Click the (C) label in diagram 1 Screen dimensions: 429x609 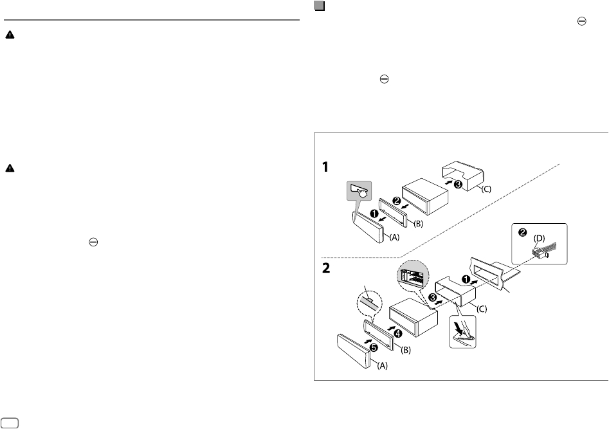tap(487, 189)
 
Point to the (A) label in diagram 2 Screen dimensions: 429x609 tap(381, 364)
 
